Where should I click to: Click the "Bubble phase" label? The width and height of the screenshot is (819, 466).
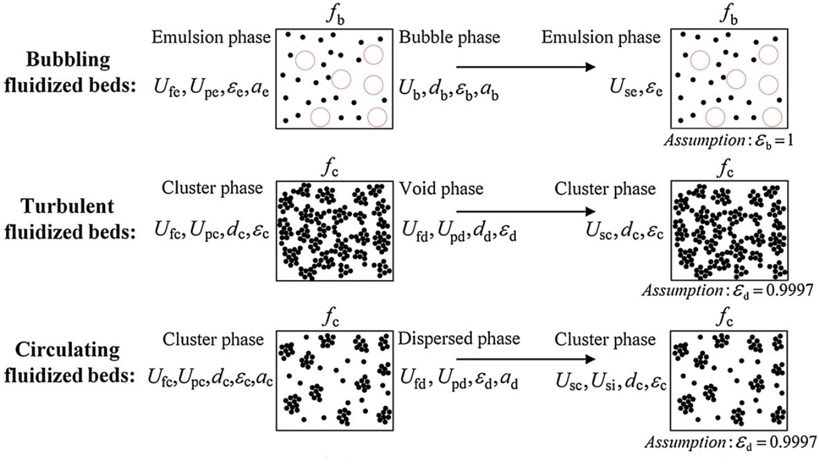pos(449,37)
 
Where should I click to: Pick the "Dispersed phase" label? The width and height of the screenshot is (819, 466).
pos(458,339)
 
